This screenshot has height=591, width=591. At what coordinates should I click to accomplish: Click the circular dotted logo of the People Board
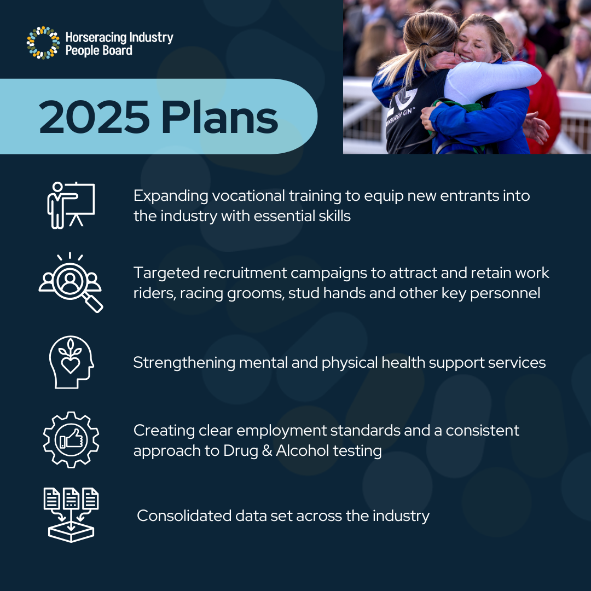[43, 43]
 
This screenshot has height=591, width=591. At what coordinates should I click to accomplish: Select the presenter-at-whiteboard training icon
[71, 205]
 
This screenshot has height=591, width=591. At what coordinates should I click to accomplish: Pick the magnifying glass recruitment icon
[71, 282]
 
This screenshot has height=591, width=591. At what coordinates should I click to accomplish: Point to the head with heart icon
[71, 362]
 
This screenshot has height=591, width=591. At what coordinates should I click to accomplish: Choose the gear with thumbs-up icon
[71, 439]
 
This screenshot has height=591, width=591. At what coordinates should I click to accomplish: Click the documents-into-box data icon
[71, 514]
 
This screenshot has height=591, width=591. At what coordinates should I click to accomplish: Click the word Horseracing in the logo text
[96, 37]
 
